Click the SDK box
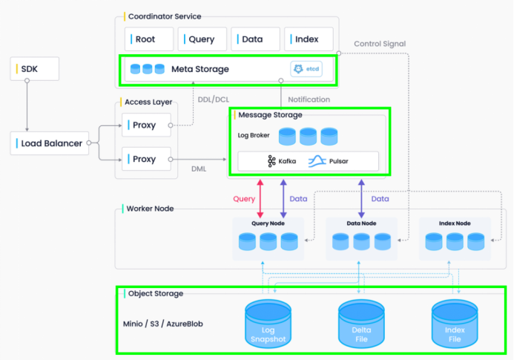click(x=35, y=68)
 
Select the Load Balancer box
click(x=50, y=143)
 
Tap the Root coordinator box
click(x=149, y=39)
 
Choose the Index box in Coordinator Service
click(x=309, y=39)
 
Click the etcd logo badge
click(x=306, y=69)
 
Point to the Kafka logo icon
click(x=271, y=161)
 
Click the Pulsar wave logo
click(x=317, y=161)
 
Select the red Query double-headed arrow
click(x=260, y=198)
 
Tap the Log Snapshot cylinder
click(x=268, y=324)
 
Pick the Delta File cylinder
click(x=361, y=324)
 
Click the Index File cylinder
click(x=455, y=324)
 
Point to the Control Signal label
click(x=380, y=44)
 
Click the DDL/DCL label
click(x=214, y=99)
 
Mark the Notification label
click(x=309, y=99)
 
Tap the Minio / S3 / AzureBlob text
click(x=163, y=324)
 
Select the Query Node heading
click(x=268, y=223)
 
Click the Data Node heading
click(x=361, y=223)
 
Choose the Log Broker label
click(x=254, y=135)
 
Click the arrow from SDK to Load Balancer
click(x=27, y=106)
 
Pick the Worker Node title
click(x=150, y=209)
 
